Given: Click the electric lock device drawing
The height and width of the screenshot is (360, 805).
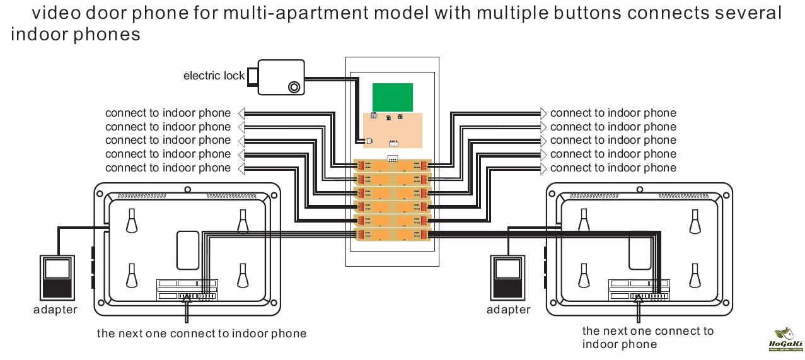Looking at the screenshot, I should click(x=277, y=77).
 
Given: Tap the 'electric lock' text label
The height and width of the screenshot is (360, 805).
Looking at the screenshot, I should click(x=214, y=76).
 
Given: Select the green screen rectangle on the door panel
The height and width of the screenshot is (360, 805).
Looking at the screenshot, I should click(x=392, y=97).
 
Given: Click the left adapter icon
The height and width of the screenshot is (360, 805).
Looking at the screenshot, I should click(x=58, y=277).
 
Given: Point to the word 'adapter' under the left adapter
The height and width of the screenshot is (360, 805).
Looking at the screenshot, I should click(x=55, y=310).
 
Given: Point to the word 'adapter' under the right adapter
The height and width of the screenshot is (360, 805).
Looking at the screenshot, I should click(x=509, y=310).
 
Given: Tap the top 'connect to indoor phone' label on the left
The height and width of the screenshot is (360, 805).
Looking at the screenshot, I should click(x=168, y=113).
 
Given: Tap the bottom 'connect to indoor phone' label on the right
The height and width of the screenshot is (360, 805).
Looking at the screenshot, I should click(x=613, y=168).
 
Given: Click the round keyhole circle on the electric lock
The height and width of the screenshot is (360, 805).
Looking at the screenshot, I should click(x=294, y=87).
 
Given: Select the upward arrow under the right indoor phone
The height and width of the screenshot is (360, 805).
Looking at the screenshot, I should click(x=639, y=310).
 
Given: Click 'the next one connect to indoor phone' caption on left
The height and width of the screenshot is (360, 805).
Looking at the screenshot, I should click(x=201, y=334).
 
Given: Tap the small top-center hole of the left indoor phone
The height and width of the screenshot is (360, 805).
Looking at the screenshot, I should click(x=187, y=189).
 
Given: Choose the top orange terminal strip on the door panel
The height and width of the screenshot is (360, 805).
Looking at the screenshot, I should click(x=392, y=165).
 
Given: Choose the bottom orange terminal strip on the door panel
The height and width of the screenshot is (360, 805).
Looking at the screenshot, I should click(x=392, y=234).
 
